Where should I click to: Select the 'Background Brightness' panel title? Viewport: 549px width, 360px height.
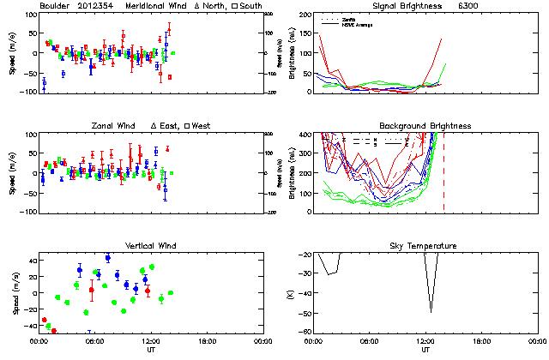(425, 126)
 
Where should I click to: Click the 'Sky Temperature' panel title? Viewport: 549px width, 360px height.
(425, 246)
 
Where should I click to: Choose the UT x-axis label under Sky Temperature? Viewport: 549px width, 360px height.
(425, 350)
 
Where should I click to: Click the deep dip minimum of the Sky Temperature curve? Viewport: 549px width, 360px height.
(431, 311)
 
